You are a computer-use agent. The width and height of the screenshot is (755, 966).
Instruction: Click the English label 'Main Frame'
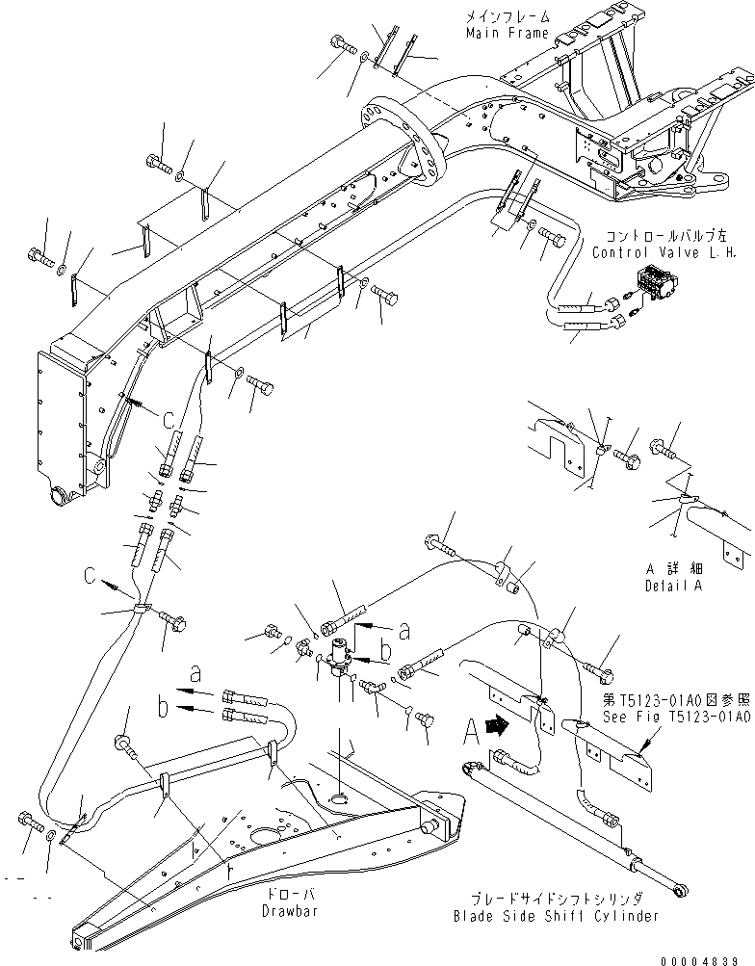pos(507,34)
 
